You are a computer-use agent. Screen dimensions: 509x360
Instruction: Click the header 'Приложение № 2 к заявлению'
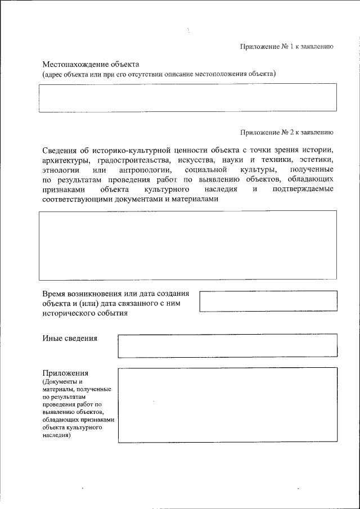(x=287, y=133)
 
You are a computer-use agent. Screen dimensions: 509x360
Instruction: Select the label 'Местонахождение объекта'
(x=91, y=64)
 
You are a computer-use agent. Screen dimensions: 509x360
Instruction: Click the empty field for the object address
(x=188, y=98)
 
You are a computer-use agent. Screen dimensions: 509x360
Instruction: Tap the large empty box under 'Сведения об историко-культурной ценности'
(x=188, y=245)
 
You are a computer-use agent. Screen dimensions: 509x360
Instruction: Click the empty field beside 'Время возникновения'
(x=268, y=301)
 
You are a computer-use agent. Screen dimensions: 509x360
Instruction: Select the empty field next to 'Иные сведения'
(x=227, y=345)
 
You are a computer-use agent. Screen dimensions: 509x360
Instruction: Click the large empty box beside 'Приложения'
(x=227, y=404)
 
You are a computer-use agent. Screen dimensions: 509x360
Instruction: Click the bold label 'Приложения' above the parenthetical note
(x=65, y=373)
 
